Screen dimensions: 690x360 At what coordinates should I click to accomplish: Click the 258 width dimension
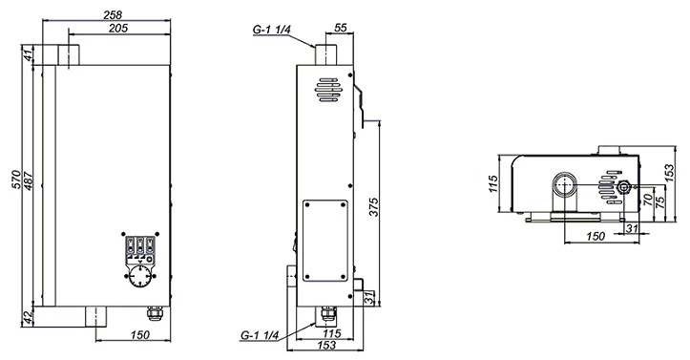(113, 14)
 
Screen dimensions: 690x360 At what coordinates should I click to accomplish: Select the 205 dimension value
(118, 28)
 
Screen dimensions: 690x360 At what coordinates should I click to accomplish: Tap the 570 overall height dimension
(16, 180)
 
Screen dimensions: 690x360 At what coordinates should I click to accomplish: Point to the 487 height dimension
(29, 180)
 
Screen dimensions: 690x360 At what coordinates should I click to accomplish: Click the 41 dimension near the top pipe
(28, 55)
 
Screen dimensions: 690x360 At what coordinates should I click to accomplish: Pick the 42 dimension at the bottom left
(28, 317)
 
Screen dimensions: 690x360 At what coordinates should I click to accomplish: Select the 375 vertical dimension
(373, 207)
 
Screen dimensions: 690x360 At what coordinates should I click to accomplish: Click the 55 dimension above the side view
(341, 28)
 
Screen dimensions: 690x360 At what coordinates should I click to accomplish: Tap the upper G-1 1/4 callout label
(271, 30)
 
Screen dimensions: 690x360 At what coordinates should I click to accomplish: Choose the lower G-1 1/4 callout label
(260, 335)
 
